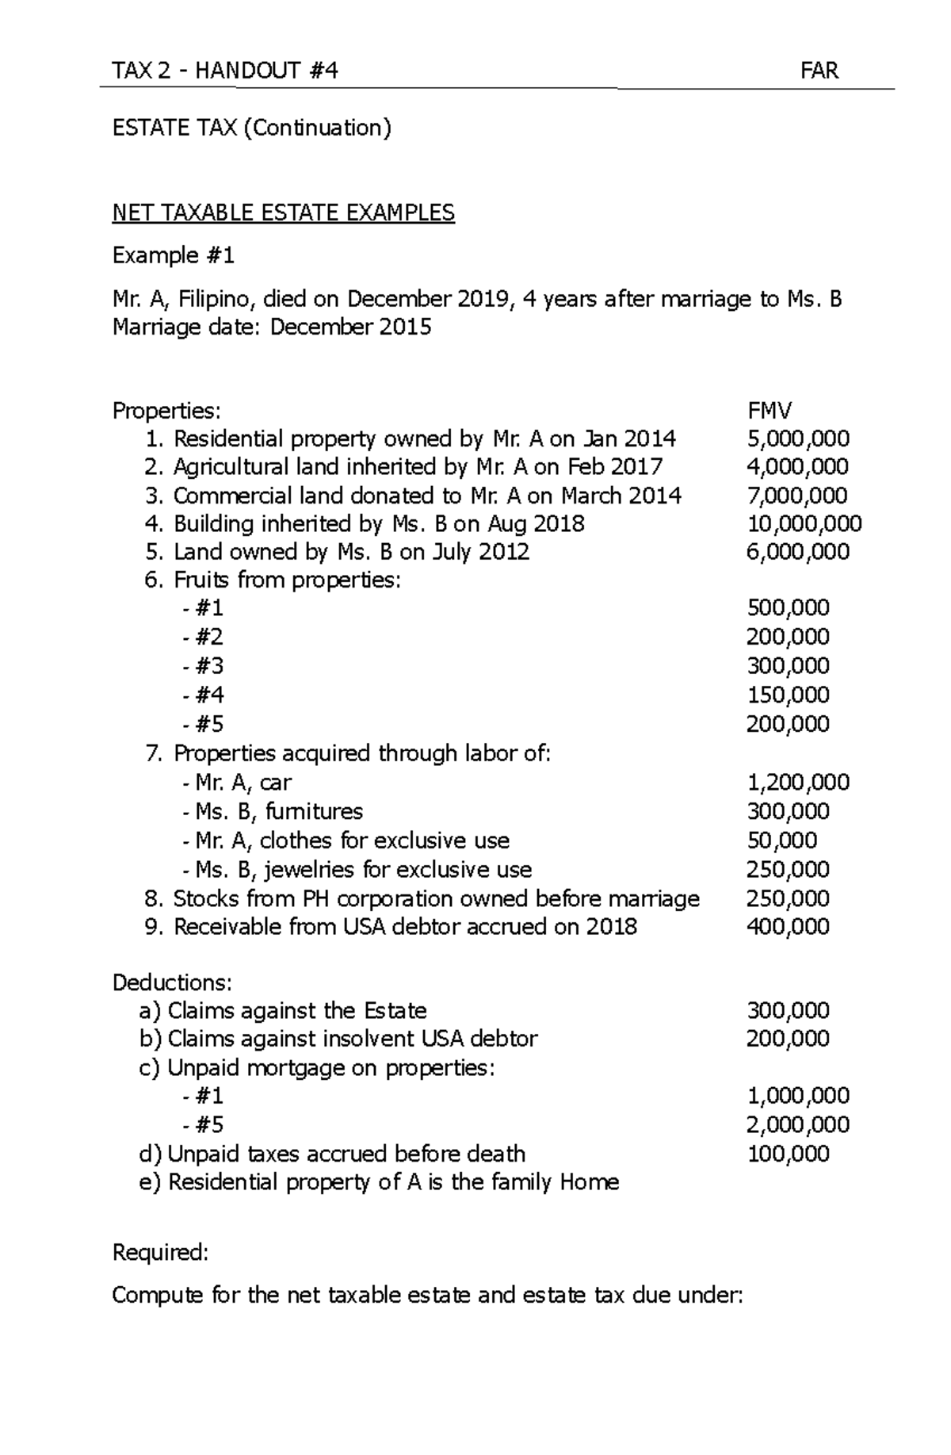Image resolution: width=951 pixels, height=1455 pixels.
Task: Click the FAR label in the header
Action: (x=819, y=71)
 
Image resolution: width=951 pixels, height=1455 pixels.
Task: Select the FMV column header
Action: (x=770, y=410)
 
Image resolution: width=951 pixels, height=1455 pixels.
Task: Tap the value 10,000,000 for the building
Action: (x=804, y=524)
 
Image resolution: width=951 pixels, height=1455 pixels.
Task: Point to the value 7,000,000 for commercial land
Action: (x=797, y=496)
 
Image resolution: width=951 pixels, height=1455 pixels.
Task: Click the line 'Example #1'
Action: (x=174, y=255)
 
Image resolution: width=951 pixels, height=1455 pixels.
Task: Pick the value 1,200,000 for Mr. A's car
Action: (x=798, y=783)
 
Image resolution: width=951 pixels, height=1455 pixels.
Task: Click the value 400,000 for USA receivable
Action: (x=788, y=927)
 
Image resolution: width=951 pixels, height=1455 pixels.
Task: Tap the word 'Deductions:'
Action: (x=172, y=982)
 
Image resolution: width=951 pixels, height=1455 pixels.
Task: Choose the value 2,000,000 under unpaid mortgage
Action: (x=798, y=1124)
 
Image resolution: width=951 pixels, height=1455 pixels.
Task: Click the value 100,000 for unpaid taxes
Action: (x=788, y=1154)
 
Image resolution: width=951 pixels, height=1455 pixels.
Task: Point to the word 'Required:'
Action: (x=160, y=1253)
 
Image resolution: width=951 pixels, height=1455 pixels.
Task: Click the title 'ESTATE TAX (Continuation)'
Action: (x=252, y=128)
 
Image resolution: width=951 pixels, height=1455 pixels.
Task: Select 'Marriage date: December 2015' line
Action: (x=272, y=327)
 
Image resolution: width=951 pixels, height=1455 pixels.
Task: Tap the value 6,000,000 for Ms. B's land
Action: (x=797, y=552)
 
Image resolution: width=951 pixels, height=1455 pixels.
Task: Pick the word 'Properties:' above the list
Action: (x=166, y=410)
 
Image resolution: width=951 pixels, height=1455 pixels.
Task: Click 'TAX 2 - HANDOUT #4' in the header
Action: (x=225, y=71)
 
